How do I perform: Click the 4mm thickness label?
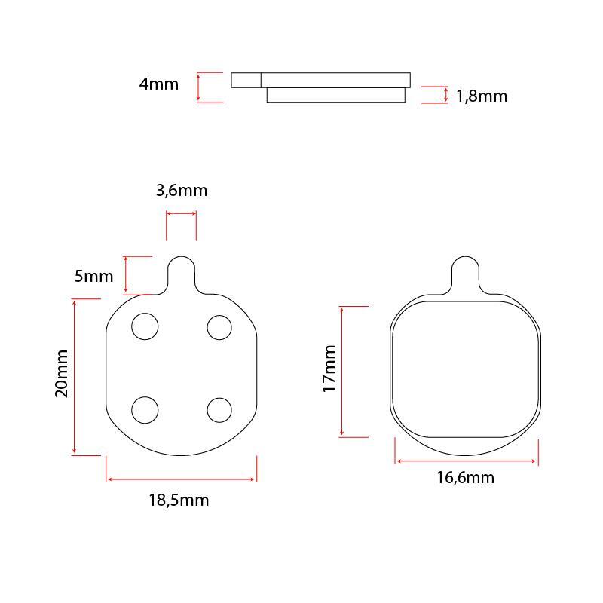(159, 84)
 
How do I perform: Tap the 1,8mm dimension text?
(482, 96)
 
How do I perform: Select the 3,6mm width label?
(182, 191)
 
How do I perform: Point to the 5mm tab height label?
(93, 276)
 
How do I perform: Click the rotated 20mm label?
(62, 373)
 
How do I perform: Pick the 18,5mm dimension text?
(179, 500)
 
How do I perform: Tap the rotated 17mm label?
(329, 369)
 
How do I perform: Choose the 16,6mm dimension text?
(465, 478)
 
